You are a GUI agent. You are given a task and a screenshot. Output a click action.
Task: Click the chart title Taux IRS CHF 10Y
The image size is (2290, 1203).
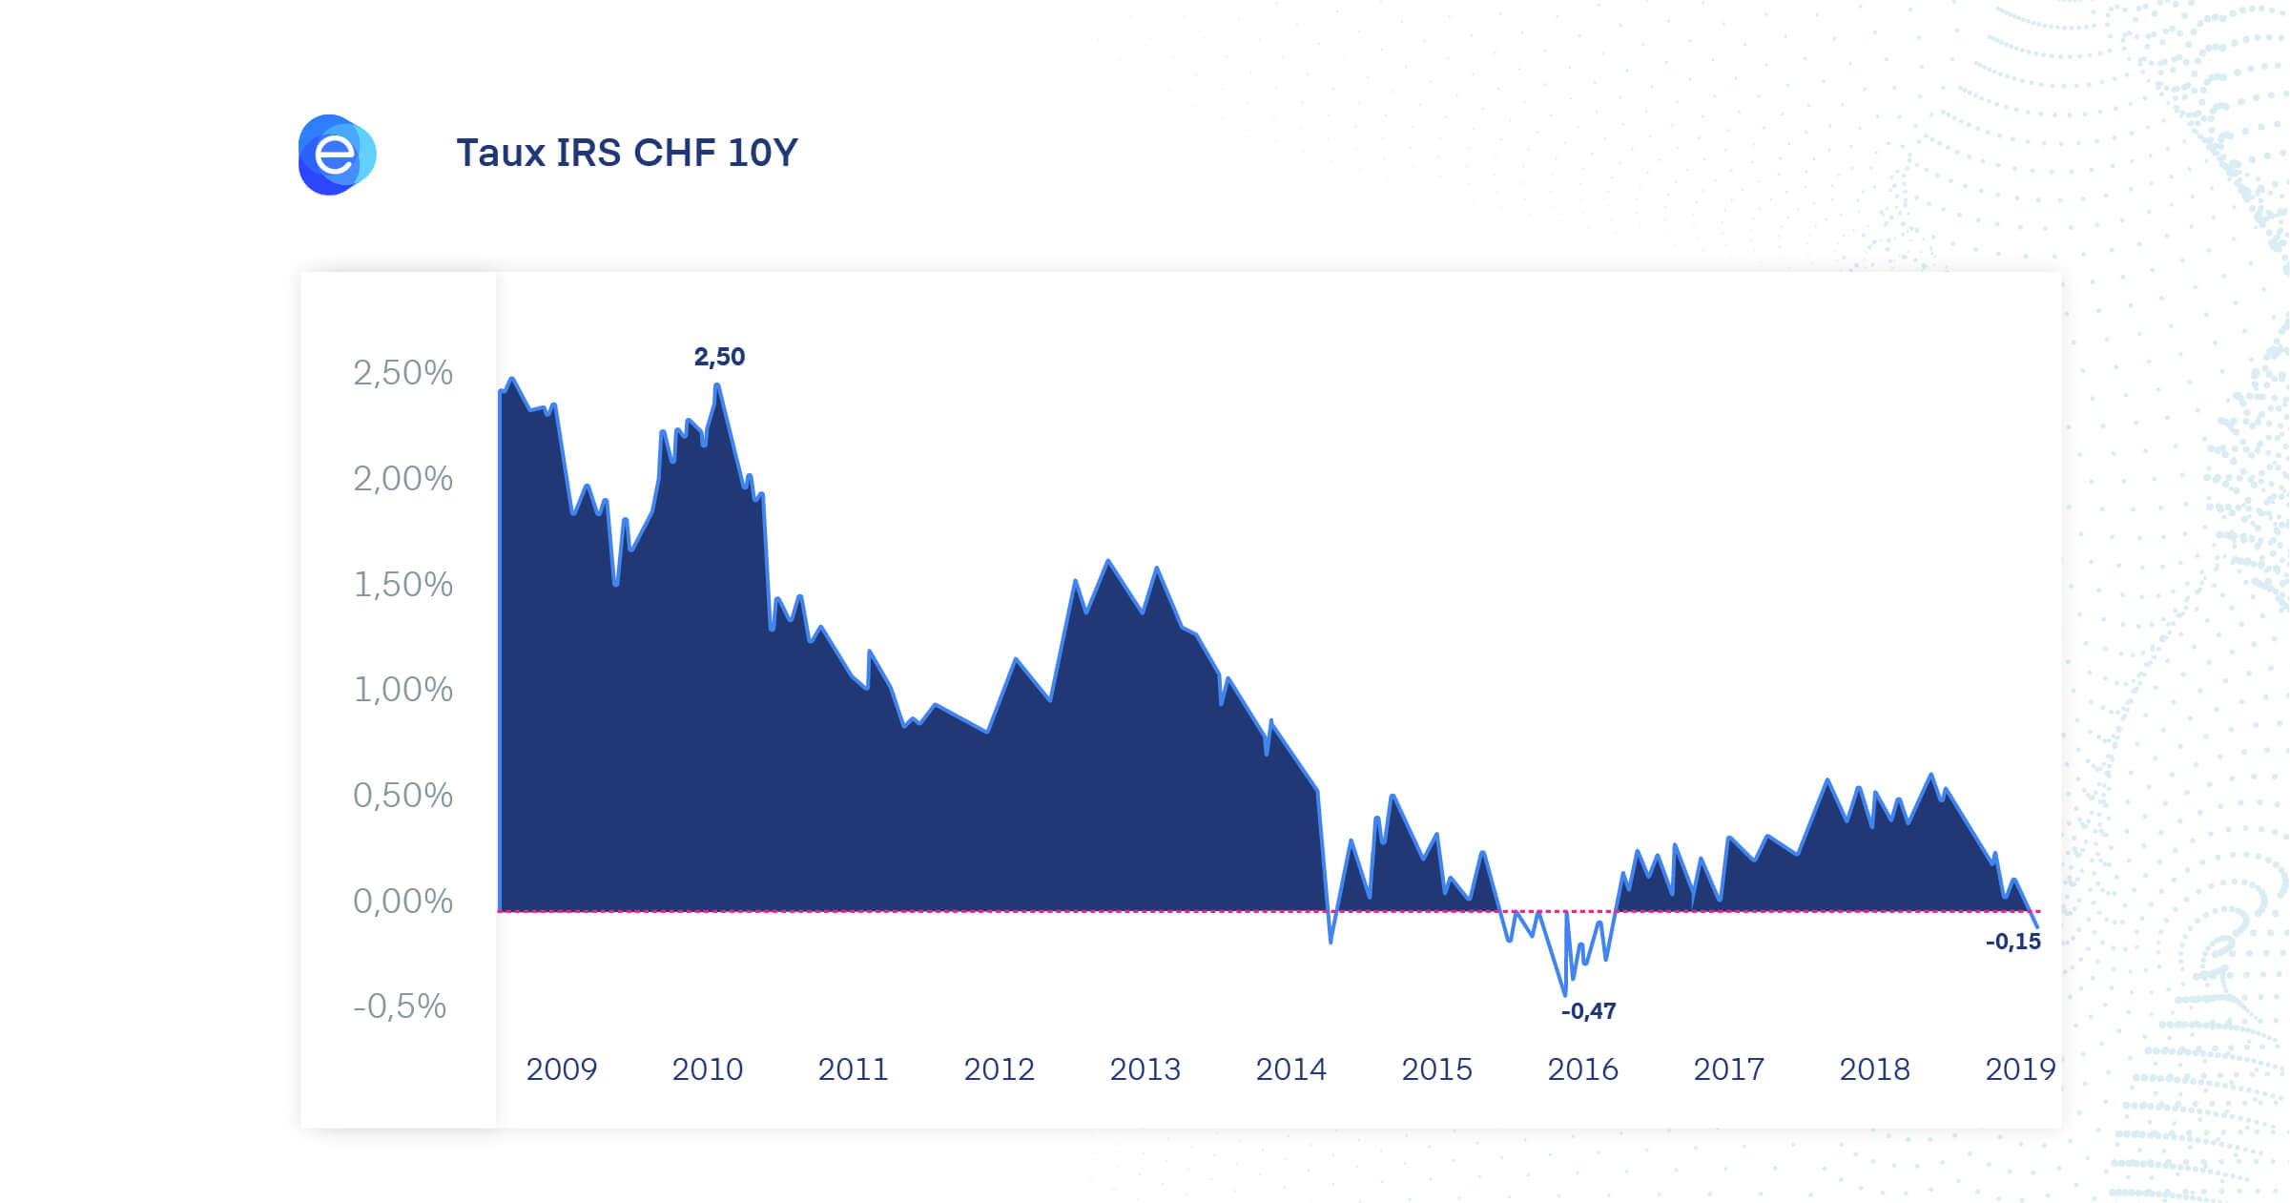(627, 153)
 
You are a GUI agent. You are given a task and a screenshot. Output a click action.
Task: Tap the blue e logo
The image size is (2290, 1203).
(337, 155)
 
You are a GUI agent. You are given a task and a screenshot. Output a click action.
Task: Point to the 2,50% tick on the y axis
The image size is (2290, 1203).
(402, 373)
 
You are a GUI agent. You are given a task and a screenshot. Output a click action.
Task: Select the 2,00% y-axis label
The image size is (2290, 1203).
(402, 479)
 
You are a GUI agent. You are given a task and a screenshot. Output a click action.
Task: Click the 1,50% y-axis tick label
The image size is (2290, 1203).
(402, 585)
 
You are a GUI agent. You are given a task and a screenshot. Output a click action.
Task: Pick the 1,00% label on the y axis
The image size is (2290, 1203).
(402, 690)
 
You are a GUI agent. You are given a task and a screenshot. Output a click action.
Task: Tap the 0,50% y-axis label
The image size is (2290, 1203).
(402, 796)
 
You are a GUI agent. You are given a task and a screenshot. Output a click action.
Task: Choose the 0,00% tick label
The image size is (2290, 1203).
(402, 902)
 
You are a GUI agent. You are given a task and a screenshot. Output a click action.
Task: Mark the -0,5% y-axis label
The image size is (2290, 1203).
(400, 1006)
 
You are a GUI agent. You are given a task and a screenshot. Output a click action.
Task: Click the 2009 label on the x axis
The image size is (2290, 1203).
(562, 1069)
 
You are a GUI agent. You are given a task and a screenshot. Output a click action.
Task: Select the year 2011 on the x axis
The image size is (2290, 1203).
(854, 1069)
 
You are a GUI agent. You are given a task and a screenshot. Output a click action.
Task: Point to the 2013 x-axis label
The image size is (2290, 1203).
(1145, 1069)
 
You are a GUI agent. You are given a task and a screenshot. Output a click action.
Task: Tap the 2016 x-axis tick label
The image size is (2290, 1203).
(1583, 1069)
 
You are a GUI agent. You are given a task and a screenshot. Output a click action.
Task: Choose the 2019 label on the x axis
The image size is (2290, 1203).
(2020, 1069)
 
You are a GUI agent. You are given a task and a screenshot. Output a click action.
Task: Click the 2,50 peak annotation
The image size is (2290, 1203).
(719, 357)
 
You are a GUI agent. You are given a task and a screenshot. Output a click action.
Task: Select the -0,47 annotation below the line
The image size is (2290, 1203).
(1589, 1011)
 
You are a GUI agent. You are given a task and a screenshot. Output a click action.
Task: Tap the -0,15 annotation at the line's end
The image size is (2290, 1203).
(2013, 942)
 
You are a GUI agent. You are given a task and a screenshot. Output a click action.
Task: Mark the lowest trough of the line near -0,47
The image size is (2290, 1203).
(1565, 994)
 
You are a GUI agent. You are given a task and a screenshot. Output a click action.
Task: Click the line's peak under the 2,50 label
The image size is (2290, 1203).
(716, 385)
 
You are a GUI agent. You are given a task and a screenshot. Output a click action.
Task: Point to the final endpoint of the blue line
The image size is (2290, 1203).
(2037, 927)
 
